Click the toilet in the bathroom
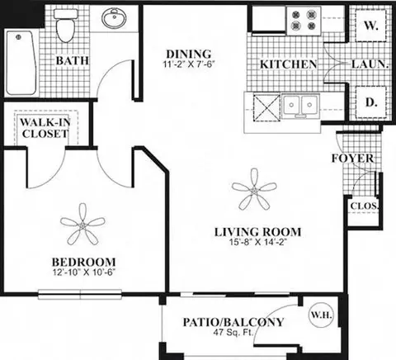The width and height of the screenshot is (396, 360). [x=65, y=26]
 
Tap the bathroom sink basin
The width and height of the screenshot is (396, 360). [x=115, y=18]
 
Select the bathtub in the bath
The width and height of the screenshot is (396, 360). [x=21, y=63]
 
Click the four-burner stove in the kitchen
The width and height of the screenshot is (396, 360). [x=304, y=21]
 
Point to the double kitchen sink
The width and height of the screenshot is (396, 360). [x=300, y=105]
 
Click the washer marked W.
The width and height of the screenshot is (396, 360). [x=370, y=26]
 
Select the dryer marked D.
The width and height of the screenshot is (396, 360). [x=370, y=102]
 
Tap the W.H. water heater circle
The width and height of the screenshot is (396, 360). [x=321, y=315]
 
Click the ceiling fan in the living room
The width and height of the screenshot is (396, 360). [x=254, y=190]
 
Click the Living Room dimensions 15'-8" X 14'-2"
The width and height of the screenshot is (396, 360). [x=257, y=243]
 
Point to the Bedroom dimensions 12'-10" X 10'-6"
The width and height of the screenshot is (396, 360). [x=83, y=272]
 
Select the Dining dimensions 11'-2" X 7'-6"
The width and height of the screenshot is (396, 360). [x=188, y=64]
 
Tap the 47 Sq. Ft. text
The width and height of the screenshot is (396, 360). [x=233, y=332]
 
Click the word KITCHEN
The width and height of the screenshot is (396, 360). [x=288, y=64]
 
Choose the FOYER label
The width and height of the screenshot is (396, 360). [x=353, y=159]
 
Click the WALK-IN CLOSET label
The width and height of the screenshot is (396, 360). [x=45, y=128]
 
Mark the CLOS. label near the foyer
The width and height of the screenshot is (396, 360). [x=364, y=206]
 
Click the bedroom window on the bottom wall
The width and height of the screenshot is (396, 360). [x=80, y=294]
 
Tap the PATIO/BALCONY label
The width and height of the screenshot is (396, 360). [x=233, y=322]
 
